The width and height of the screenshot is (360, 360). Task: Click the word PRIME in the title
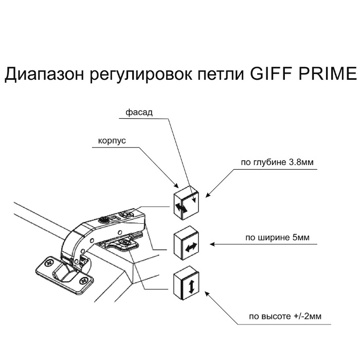[x=328, y=74]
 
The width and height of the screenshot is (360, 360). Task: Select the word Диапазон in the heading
[x=44, y=75]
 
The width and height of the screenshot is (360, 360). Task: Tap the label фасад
[x=139, y=113]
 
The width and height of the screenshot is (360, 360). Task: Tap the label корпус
[x=112, y=141]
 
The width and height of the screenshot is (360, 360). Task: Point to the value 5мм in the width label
[x=301, y=237]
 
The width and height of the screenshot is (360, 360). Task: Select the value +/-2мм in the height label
[x=308, y=316]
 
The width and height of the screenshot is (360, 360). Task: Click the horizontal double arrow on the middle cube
[x=191, y=247]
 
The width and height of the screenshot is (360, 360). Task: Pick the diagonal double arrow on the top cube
[x=181, y=208]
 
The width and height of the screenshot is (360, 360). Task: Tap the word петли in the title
[x=221, y=75]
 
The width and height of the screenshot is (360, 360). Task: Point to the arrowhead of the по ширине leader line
[x=212, y=244]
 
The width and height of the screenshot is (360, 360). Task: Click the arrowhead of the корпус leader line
[x=177, y=185]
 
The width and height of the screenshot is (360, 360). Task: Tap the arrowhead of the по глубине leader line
[x=207, y=195]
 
